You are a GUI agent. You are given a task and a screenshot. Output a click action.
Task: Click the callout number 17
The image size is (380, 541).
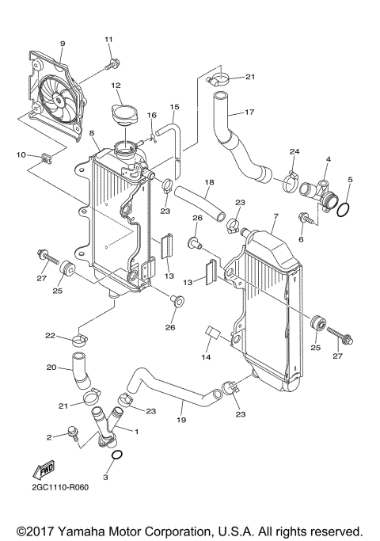(249, 112)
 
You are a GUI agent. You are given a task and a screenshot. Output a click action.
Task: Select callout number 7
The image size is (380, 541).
(275, 216)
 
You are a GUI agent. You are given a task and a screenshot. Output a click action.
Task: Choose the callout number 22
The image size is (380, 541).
(49, 336)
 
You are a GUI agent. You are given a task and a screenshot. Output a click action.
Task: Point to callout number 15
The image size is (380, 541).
(175, 106)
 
